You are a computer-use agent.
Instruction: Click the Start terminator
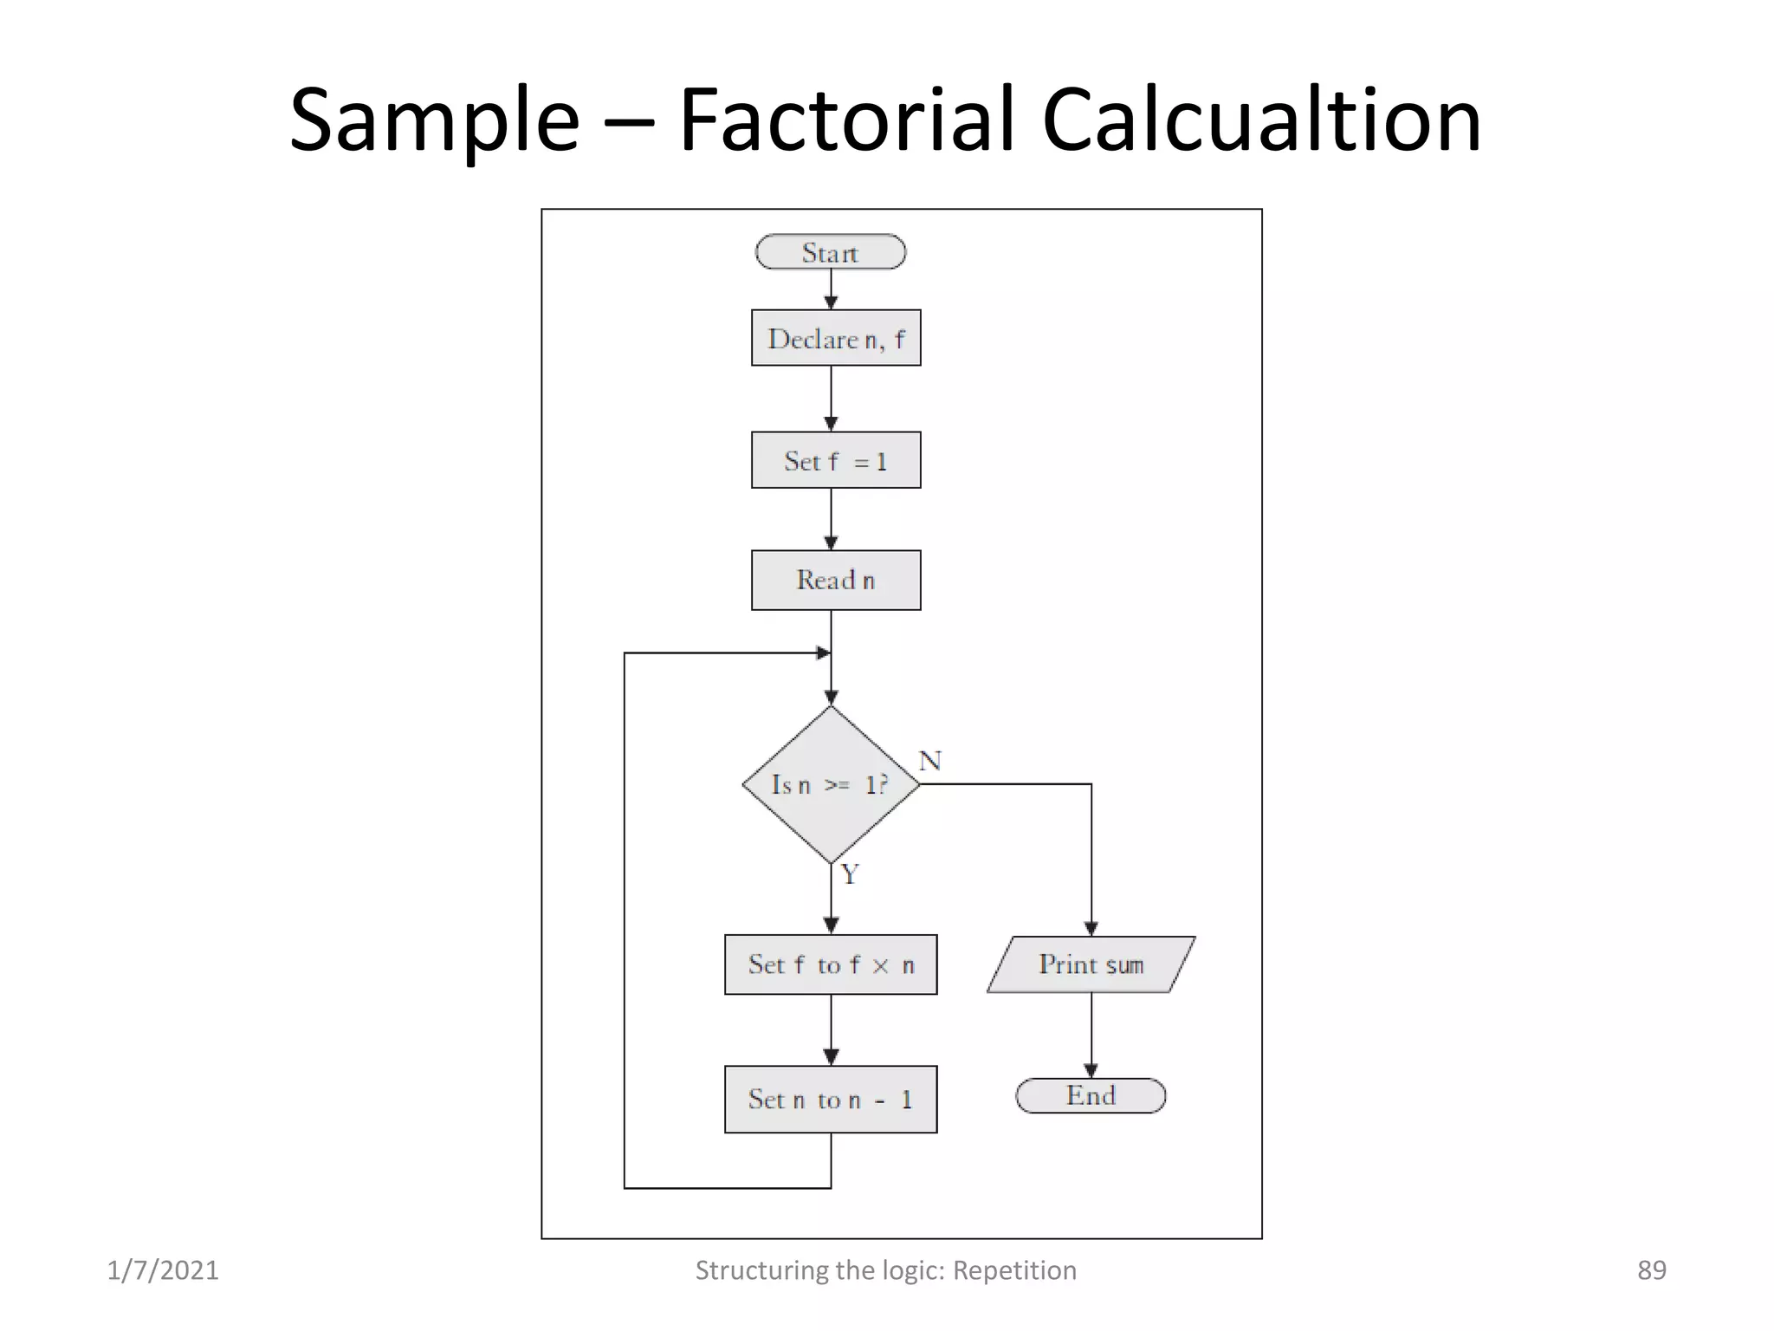point(830,252)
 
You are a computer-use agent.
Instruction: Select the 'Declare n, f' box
point(836,338)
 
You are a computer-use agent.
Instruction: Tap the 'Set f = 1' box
point(836,460)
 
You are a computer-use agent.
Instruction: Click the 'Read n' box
point(836,580)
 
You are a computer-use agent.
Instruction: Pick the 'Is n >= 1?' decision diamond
point(831,784)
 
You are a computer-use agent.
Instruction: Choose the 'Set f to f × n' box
point(831,964)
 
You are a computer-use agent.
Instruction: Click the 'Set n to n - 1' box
point(831,1099)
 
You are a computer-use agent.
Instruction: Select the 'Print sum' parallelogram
point(1091,964)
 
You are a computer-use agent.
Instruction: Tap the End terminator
point(1091,1095)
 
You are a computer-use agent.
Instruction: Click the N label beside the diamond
point(929,761)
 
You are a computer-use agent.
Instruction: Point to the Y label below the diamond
point(850,874)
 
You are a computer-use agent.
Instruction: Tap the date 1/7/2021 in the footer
point(163,1270)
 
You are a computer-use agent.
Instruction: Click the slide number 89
point(1651,1270)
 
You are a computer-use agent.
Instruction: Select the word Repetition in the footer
point(1014,1270)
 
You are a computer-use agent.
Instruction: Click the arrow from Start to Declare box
point(831,289)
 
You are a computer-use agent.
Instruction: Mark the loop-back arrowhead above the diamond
point(823,653)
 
